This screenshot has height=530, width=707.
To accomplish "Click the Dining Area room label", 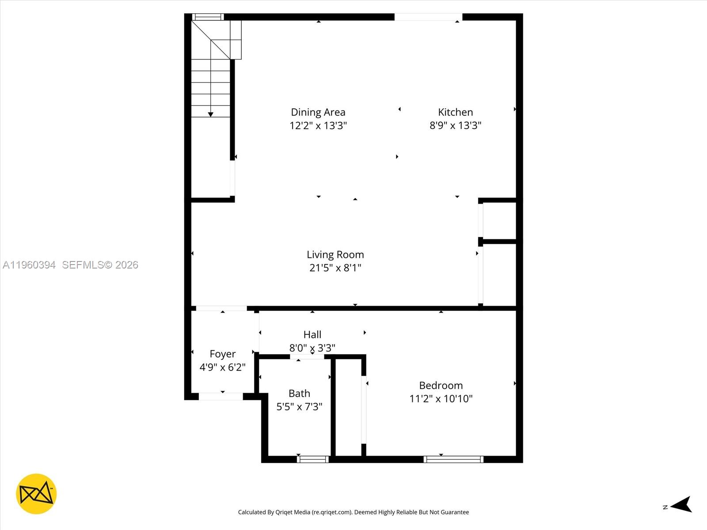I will click(318, 112).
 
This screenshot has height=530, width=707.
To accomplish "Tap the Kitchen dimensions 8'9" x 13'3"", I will click(455, 125).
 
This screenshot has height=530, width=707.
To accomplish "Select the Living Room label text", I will click(335, 254).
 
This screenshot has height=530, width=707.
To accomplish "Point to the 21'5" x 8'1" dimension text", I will click(335, 268).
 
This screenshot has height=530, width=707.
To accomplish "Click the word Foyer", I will click(222, 354).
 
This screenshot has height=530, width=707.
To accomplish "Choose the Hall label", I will click(312, 334).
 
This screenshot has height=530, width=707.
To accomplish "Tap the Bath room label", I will click(299, 393).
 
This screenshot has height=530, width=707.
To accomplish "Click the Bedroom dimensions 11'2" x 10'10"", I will click(441, 399).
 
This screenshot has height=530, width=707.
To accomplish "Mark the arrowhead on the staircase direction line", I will click(211, 114).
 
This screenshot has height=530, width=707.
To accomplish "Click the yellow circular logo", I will click(36, 494).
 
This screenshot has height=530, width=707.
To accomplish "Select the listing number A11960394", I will click(29, 265).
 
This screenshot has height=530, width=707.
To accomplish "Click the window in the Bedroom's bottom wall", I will click(453, 459).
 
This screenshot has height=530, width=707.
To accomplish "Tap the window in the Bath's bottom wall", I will click(313, 459).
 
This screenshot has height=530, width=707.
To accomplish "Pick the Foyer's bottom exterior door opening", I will click(220, 396).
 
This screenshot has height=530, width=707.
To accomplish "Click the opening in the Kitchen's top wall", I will click(428, 17).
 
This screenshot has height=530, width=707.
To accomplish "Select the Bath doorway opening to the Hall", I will click(307, 356).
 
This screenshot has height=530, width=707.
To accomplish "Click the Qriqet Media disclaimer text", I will click(353, 512).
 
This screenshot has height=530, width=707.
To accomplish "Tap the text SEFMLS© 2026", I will click(100, 265).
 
